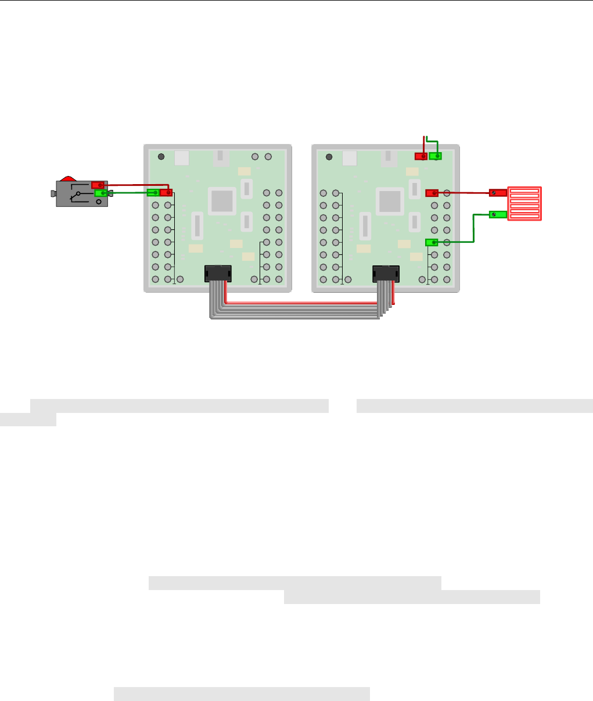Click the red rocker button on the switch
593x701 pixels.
click(69, 178)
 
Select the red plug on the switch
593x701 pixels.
click(98, 185)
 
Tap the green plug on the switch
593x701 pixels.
click(100, 193)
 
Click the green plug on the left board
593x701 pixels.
click(153, 192)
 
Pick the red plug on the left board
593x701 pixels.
click(166, 192)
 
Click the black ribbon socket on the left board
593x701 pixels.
click(218, 273)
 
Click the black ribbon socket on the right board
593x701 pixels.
click(386, 273)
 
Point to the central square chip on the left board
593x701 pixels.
click(222, 201)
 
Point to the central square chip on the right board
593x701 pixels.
click(390, 201)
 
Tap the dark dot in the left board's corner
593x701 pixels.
click(161, 157)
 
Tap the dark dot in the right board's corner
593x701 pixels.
click(329, 157)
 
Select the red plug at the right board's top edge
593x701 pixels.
click(421, 156)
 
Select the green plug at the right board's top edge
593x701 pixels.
click(435, 156)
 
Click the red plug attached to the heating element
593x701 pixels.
click(497, 192)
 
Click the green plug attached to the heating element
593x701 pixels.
click(497, 215)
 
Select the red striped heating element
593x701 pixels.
click(524, 203)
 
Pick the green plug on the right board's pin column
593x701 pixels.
click(431, 242)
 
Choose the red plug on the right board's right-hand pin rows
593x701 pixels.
click(432, 192)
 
